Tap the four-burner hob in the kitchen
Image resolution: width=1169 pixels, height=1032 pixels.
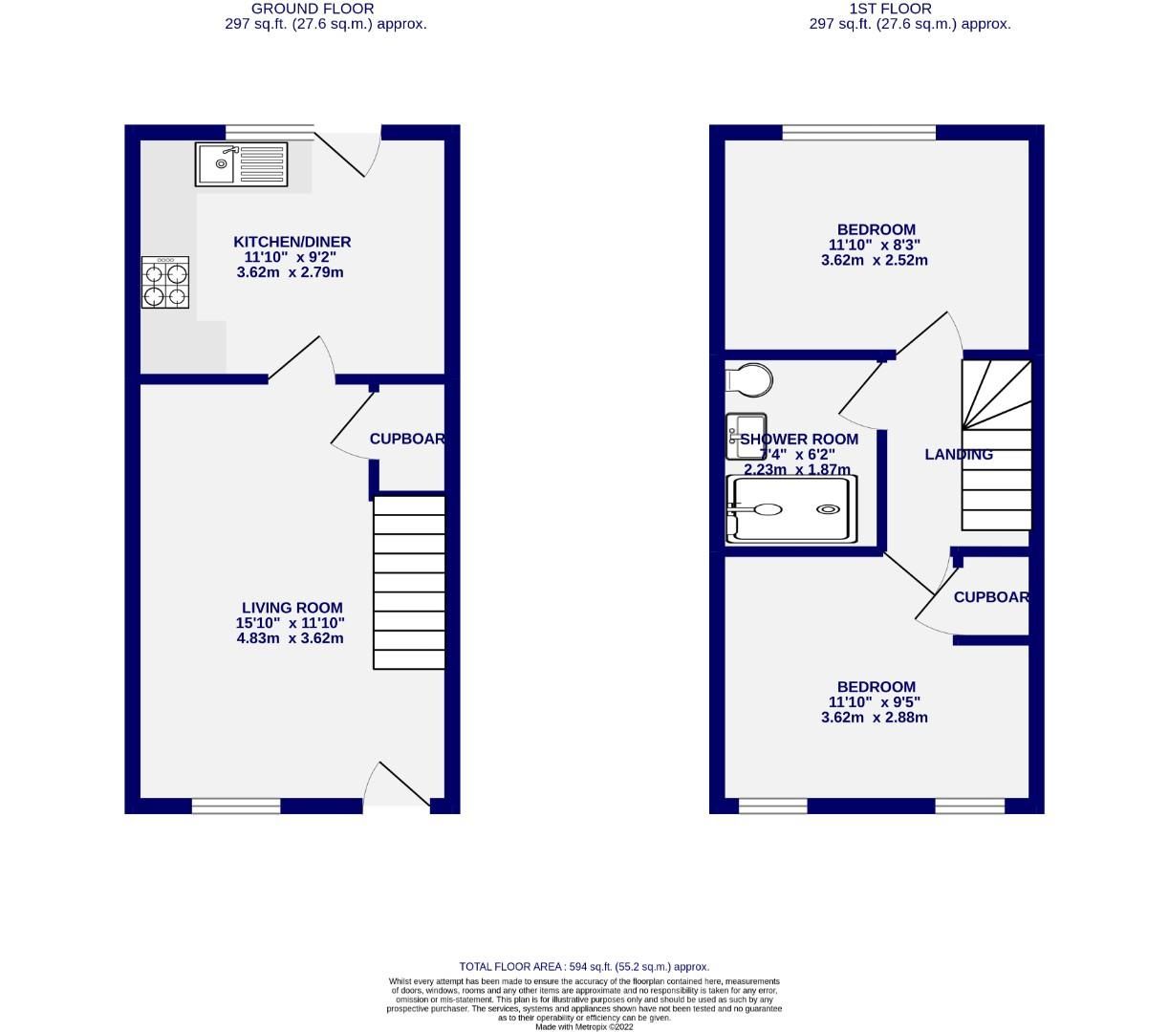[165, 283]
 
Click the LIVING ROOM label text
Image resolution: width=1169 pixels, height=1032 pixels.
[292, 608]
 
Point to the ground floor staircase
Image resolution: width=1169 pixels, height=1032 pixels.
[409, 582]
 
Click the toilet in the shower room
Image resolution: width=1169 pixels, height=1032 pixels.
[749, 379]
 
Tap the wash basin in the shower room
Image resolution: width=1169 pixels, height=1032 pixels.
[746, 436]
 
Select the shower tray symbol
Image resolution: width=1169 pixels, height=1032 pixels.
[788, 509]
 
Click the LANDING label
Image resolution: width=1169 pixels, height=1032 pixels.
[958, 455]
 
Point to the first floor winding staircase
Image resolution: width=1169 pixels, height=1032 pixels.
[997, 444]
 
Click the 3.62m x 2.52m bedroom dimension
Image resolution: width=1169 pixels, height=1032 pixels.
[874, 260]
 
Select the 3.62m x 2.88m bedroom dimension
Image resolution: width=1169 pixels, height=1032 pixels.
[874, 718]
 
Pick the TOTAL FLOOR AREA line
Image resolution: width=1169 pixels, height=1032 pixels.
[584, 966]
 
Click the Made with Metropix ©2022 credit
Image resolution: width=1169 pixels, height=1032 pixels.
[584, 1026]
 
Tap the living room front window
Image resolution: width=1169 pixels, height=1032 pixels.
[236, 806]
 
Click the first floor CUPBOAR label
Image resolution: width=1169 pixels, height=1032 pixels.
[991, 597]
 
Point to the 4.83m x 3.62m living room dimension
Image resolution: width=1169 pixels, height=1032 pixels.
[290, 638]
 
